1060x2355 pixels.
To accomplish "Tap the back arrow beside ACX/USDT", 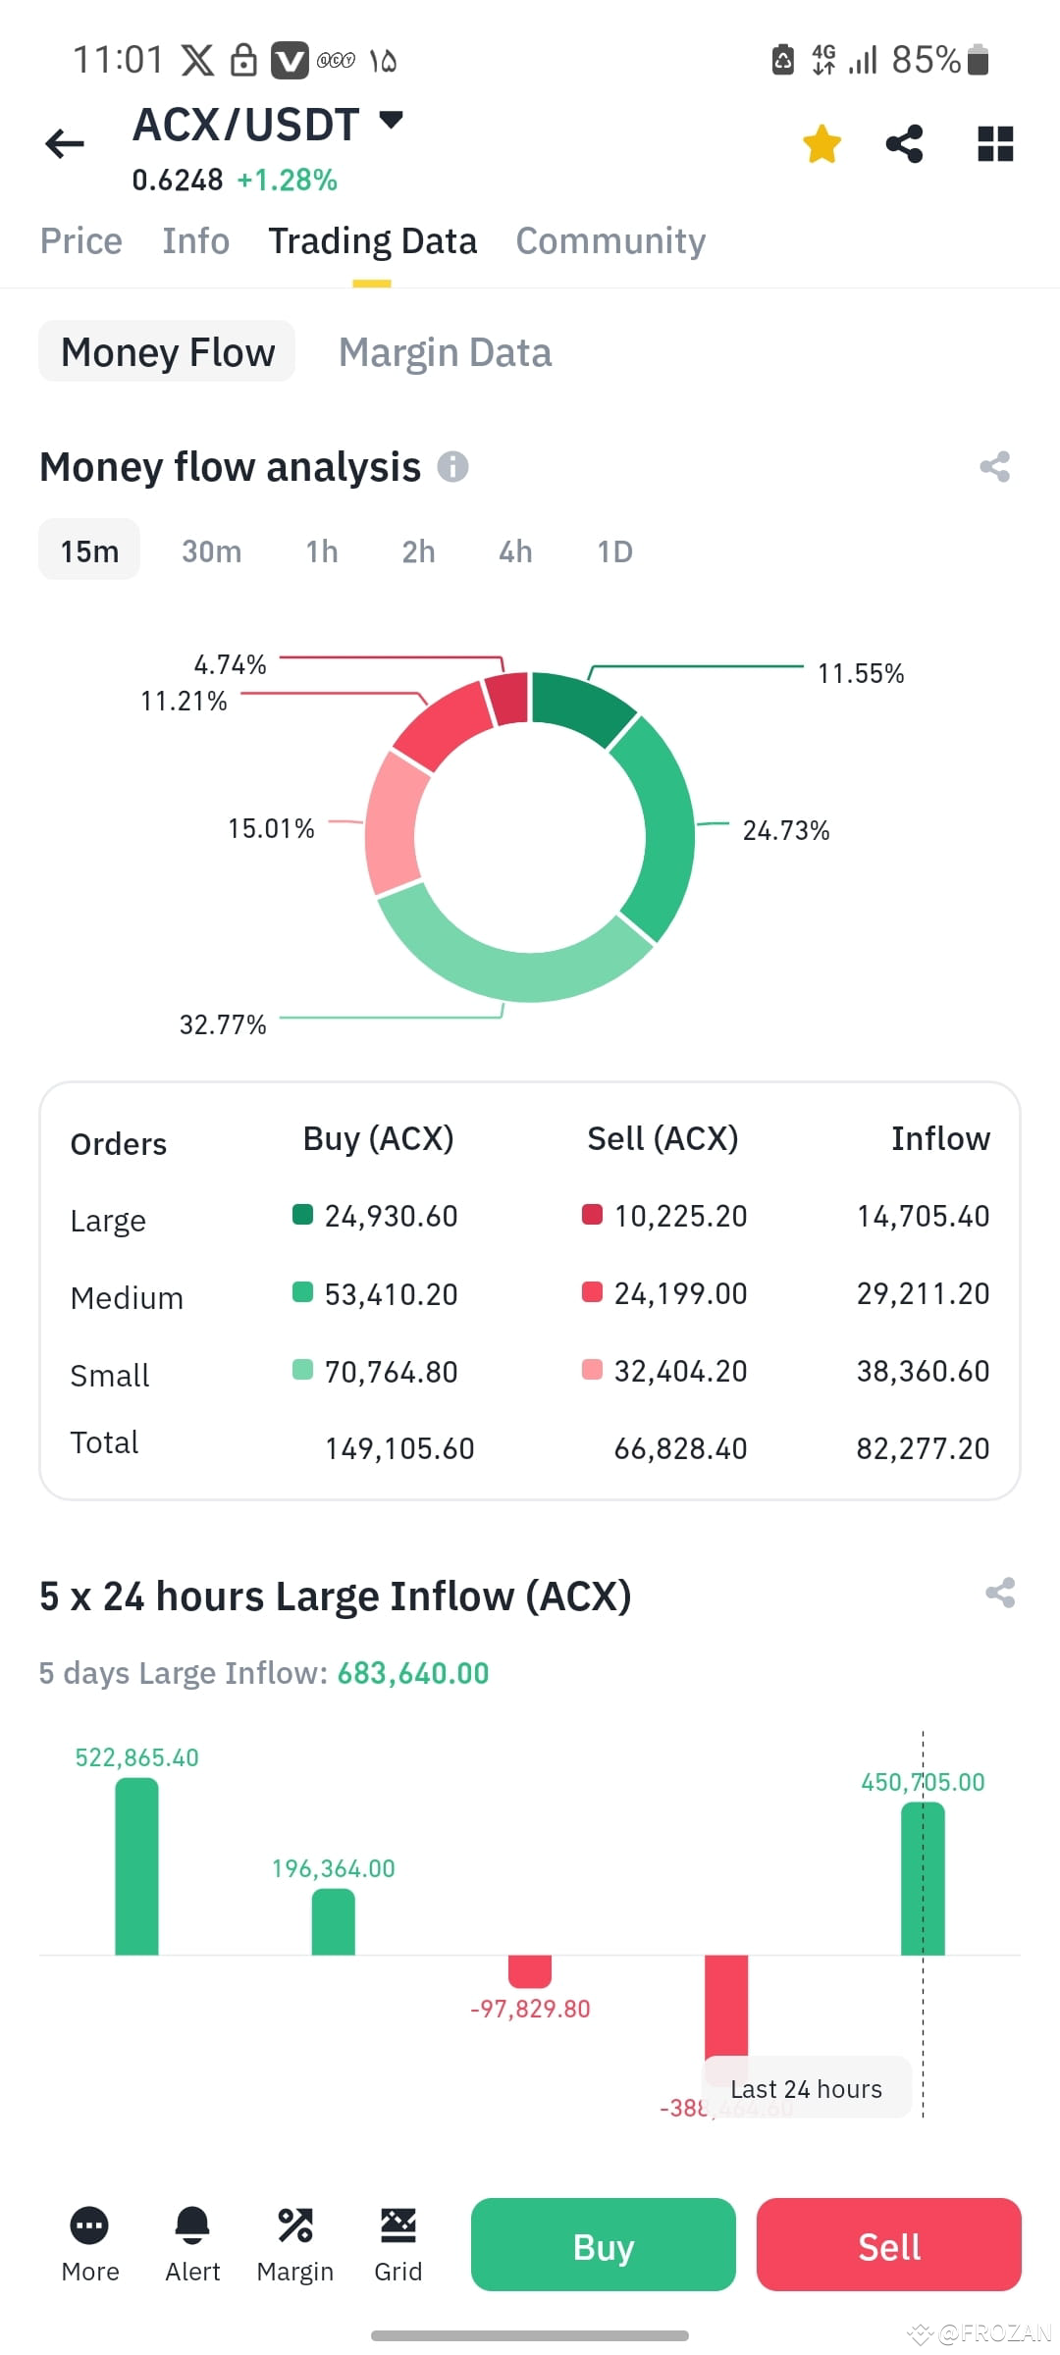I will click(65, 144).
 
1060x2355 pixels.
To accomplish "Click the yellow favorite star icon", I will click(821, 144).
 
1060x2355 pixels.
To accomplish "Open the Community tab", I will click(610, 241).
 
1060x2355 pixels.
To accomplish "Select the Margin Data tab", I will click(445, 352).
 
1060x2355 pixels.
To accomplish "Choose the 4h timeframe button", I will click(515, 551).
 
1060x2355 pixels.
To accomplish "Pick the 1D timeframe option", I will click(614, 551).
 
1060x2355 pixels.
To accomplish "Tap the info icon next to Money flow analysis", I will click(452, 466).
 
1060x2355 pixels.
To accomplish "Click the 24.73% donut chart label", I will click(785, 830).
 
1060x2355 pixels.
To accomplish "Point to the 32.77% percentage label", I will click(223, 1024).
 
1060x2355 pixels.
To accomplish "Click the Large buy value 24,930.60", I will click(391, 1217).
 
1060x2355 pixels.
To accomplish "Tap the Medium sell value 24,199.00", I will click(680, 1293).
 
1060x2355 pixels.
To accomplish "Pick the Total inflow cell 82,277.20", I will click(923, 1448).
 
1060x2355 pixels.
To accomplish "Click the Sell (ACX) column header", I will click(662, 1138).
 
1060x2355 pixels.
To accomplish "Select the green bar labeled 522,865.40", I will click(136, 1864).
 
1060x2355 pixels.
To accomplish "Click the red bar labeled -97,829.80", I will click(529, 1970).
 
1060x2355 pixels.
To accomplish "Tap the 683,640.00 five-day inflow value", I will click(412, 1673).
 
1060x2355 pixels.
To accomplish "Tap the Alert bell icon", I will click(192, 2224).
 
